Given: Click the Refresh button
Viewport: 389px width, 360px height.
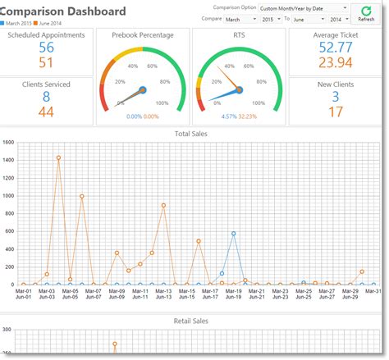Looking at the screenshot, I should tap(366, 13).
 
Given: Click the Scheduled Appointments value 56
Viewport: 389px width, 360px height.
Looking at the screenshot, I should tap(46, 48).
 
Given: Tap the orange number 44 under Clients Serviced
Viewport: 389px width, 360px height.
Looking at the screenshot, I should tap(46, 111).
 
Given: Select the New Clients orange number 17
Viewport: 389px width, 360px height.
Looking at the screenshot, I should tap(336, 111).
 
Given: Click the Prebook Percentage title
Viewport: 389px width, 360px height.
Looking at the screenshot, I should tap(143, 35).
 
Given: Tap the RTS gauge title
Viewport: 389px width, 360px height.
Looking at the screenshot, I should tap(238, 35).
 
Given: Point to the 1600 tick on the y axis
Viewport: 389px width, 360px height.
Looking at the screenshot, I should tap(8, 142).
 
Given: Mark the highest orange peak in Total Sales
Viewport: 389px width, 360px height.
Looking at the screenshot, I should tap(58, 157).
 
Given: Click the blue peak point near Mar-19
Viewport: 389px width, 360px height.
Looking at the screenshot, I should tap(234, 234).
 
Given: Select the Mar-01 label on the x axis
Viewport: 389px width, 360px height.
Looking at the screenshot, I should tap(23, 289).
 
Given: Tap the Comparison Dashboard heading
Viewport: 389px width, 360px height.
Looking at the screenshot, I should tap(65, 11).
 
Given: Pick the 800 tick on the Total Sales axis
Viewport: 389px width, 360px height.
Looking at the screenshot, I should tap(10, 213).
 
